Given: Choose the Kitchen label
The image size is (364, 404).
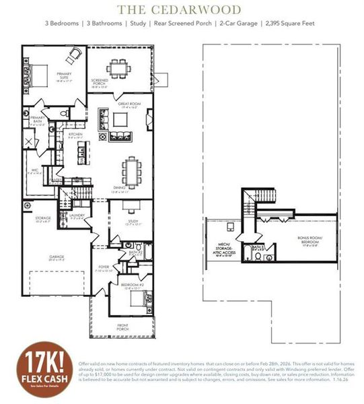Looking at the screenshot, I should pyautogui.click(x=75, y=135).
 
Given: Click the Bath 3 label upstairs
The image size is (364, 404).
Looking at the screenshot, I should pyautogui.click(x=257, y=247).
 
